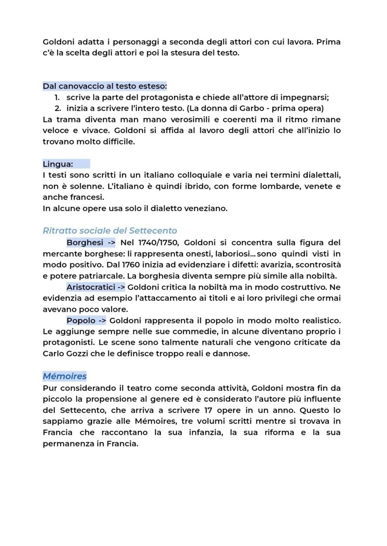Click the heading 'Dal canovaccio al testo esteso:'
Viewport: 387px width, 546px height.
tap(105, 86)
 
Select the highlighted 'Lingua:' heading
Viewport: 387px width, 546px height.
tap(58, 164)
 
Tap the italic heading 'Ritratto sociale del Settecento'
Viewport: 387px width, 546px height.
tap(110, 231)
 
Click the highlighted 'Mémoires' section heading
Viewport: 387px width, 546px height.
tap(64, 376)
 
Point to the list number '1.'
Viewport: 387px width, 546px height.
tap(57, 97)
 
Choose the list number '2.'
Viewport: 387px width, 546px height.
tap(57, 108)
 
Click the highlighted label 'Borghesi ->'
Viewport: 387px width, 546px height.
tap(91, 243)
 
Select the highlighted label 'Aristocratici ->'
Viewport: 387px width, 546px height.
tap(95, 287)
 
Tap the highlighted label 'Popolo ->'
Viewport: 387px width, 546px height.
tap(86, 321)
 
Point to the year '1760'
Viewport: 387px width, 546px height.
tap(132, 265)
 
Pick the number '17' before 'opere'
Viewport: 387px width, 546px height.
tap(208, 410)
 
